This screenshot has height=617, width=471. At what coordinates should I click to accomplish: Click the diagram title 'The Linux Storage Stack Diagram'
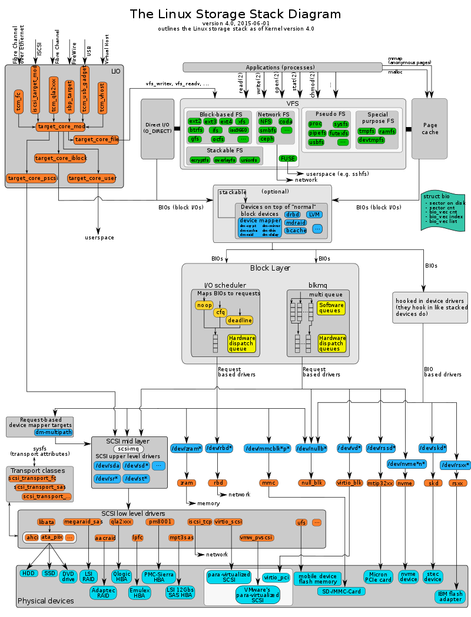235,14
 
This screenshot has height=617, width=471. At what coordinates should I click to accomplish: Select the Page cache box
429,129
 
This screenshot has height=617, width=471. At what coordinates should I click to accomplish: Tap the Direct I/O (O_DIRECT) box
157,129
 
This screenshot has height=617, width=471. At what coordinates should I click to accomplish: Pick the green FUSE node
288,158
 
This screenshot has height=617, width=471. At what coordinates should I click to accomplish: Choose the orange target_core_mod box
61,126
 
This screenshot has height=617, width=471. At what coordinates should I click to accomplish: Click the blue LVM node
314,215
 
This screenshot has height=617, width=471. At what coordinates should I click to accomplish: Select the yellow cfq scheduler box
220,312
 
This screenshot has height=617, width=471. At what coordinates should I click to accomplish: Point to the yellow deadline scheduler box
240,320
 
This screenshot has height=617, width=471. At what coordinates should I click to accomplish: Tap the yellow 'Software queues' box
331,308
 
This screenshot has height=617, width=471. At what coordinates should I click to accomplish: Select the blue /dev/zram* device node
186,449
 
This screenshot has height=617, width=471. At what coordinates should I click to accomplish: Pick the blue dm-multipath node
53,432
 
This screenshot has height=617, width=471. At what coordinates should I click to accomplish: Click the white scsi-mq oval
120,449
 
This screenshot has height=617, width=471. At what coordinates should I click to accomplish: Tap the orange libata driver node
46,522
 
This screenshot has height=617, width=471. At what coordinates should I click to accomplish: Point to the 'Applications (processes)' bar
282,67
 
